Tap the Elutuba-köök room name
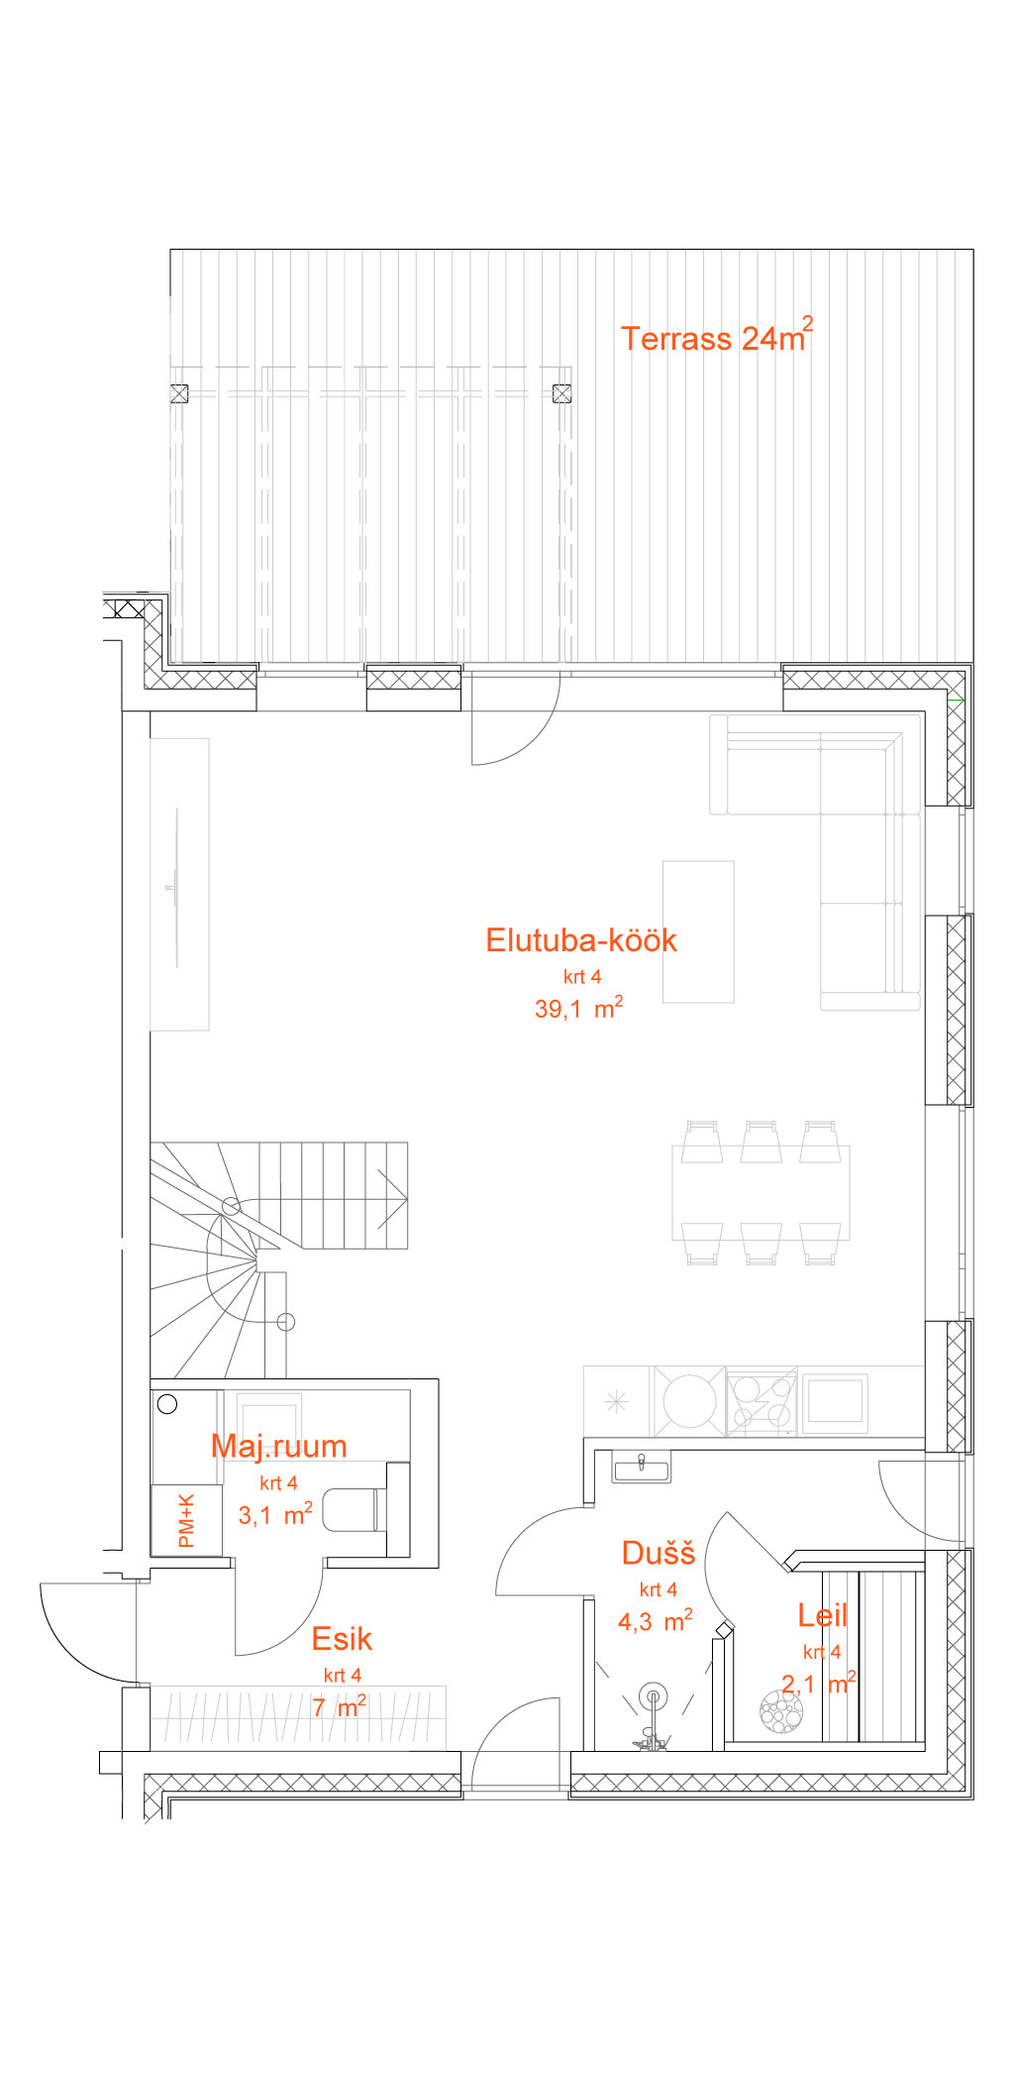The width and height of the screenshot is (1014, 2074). (581, 940)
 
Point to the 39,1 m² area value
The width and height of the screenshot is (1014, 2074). (578, 1008)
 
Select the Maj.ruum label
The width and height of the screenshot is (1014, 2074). (279, 1446)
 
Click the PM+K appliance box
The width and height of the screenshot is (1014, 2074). (187, 1520)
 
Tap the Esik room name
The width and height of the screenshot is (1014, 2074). (342, 1638)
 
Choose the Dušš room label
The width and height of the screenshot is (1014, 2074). (659, 1553)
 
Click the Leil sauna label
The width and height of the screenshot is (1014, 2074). (823, 1615)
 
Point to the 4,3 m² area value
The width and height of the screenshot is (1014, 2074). (655, 1620)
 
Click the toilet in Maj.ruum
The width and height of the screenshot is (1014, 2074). (353, 1509)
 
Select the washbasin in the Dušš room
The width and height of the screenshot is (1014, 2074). (642, 1467)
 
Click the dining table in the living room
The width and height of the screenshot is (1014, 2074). (760, 1192)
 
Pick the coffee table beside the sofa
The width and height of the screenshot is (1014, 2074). (698, 931)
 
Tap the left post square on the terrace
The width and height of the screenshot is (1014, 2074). (179, 393)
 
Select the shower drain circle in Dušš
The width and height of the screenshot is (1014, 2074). (654, 1696)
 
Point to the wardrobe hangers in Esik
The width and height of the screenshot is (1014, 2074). (298, 1716)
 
